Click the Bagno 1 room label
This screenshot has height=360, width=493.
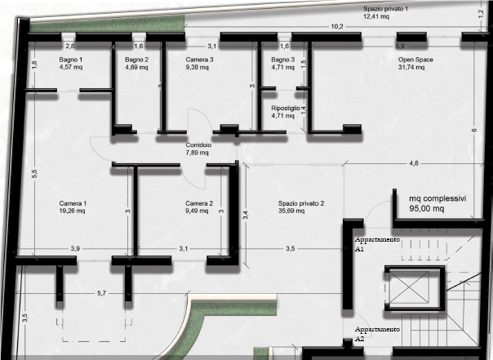71,60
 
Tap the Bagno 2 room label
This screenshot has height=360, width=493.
136,60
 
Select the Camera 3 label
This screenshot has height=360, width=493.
199,60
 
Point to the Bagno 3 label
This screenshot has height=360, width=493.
283,60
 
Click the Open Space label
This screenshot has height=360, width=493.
415,60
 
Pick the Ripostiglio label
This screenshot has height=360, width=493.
286,108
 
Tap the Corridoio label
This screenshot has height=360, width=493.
198,145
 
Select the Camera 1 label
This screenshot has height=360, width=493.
73,204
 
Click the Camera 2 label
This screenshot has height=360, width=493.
199,204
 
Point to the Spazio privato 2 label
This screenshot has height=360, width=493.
301,204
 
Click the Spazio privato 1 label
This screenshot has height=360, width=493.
385,9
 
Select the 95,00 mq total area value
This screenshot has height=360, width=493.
427,208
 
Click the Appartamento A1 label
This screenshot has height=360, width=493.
377,244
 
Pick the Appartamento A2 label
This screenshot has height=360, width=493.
377,334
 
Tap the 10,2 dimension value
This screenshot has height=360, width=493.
336,27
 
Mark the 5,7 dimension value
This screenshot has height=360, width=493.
101,293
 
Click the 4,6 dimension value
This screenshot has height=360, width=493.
414,163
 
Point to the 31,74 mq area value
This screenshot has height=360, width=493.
411,67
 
